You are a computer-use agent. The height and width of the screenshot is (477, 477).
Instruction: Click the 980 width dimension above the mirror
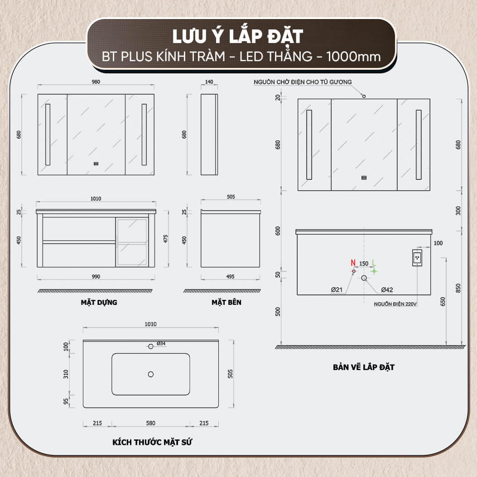[x=96, y=82]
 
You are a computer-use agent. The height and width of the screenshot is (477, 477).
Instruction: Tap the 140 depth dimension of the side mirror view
[x=209, y=82]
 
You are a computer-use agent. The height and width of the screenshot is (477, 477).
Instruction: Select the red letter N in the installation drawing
[x=353, y=263]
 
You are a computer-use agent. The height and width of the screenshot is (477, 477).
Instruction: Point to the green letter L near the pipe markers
[x=374, y=263]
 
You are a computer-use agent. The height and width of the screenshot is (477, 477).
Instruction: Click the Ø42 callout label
[x=387, y=290]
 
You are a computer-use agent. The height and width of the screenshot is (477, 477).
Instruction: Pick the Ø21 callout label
[x=337, y=290]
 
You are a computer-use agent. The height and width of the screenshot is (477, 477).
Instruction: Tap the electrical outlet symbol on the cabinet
[x=417, y=258]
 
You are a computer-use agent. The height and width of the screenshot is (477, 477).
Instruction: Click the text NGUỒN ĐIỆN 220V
[x=395, y=304]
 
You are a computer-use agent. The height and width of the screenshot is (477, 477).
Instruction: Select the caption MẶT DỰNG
[x=99, y=303]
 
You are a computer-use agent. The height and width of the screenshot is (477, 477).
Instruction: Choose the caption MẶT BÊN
[x=226, y=303]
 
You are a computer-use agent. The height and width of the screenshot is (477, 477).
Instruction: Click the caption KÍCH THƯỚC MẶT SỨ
[x=152, y=442]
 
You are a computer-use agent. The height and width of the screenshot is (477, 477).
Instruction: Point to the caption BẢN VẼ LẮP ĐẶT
[x=364, y=367]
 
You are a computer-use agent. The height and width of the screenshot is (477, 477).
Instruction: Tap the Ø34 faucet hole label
[x=161, y=343]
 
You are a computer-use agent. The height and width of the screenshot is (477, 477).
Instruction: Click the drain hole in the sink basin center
[x=150, y=374]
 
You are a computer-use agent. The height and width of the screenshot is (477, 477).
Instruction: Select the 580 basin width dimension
[x=150, y=423]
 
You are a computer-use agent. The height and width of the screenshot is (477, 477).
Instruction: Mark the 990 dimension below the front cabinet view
[x=96, y=276]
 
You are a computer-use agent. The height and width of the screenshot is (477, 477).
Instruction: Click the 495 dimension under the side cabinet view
[x=230, y=276]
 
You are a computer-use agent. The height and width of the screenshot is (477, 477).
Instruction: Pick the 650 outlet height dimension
[x=443, y=302]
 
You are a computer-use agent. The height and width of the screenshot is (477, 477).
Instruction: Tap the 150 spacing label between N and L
[x=364, y=264]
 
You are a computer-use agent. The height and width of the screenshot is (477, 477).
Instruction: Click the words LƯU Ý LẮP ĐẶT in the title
[x=238, y=37]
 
